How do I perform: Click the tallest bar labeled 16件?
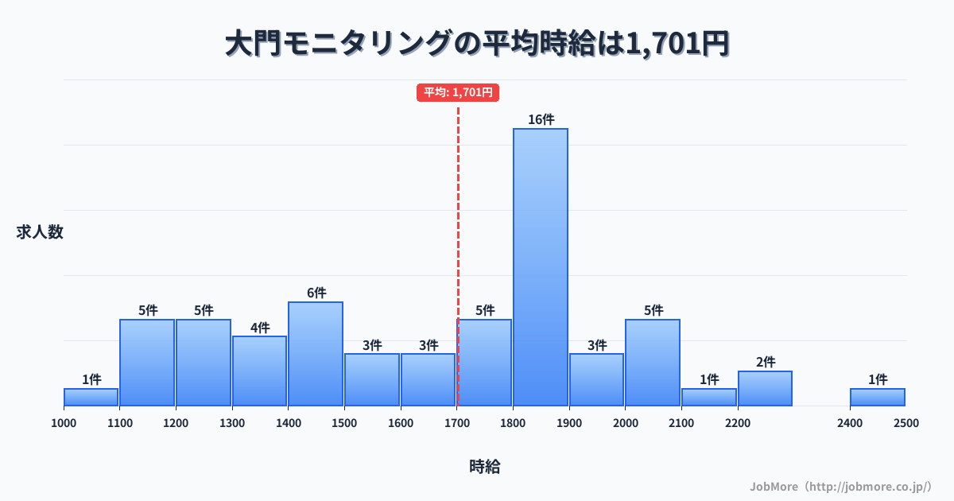click(x=541, y=266)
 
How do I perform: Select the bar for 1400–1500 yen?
click(x=316, y=354)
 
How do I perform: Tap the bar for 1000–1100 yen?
click(x=91, y=397)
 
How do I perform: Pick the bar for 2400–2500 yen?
click(x=878, y=397)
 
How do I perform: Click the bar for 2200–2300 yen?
click(x=765, y=388)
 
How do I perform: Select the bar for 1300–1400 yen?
click(x=259, y=371)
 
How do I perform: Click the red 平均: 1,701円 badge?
click(x=458, y=93)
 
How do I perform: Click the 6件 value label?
click(x=316, y=293)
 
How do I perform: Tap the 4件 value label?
click(x=259, y=328)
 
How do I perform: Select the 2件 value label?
click(x=765, y=362)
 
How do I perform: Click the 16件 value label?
click(x=541, y=119)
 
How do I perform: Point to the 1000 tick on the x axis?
click(x=64, y=423)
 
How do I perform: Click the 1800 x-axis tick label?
click(x=513, y=423)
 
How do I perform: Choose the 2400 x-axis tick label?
click(x=850, y=423)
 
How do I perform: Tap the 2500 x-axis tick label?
click(x=906, y=423)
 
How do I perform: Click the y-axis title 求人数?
click(x=40, y=232)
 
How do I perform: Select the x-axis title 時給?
click(x=485, y=467)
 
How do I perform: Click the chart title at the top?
click(x=477, y=44)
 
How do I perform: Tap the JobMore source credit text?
click(x=840, y=486)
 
